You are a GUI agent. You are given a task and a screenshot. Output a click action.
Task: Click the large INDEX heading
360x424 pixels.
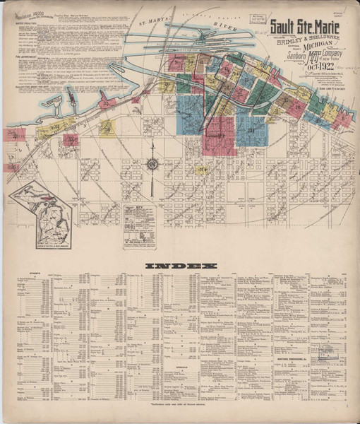(180, 266)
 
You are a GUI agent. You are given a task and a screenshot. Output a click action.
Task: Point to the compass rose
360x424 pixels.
(151, 166)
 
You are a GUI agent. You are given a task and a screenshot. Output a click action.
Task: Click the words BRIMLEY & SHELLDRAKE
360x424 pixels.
(304, 34)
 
